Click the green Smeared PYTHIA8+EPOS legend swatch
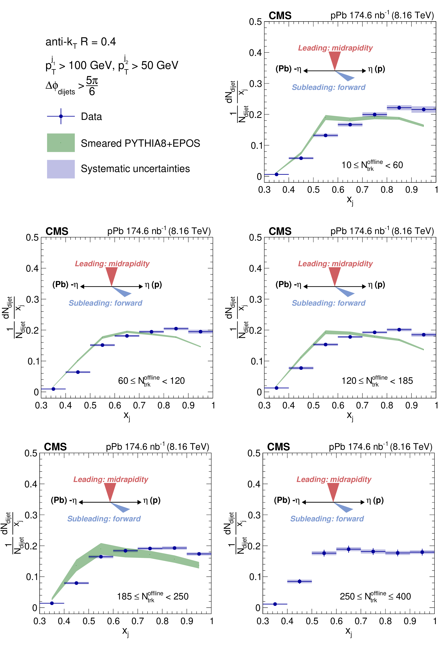(61, 143)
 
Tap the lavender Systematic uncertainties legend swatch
(61, 169)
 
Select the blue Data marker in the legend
(61, 116)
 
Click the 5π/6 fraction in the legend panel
(92, 86)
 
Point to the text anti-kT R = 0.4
(81, 42)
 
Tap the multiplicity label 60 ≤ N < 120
(151, 381)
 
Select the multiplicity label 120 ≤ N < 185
(377, 381)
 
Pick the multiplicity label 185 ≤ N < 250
(153, 596)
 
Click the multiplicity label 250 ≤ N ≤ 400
(375, 596)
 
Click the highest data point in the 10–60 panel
(399, 108)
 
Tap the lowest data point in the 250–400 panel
(275, 604)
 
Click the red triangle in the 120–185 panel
(335, 275)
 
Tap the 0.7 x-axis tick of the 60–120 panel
(139, 405)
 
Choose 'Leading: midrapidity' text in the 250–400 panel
(334, 479)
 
